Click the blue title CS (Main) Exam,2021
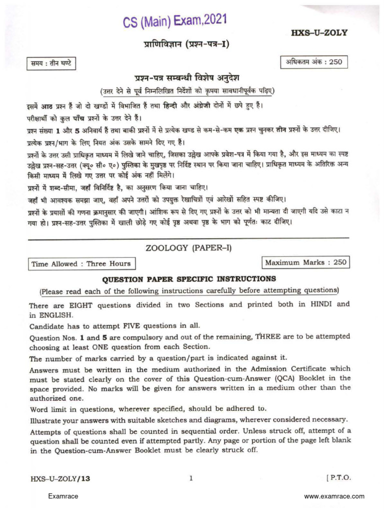point(175,22)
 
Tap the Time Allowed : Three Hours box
point(81,263)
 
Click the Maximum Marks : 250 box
point(305,262)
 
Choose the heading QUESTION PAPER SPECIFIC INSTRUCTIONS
point(189,278)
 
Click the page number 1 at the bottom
point(191,478)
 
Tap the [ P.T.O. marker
point(338,478)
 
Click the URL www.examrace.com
point(334,496)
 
